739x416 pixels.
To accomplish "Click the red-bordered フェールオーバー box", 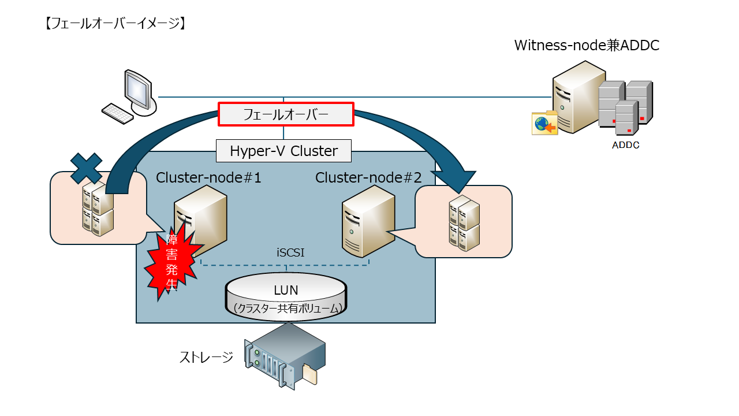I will pyautogui.click(x=285, y=114).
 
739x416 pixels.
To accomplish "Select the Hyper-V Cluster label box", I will pyautogui.click(x=283, y=151).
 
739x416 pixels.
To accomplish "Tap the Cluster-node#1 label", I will pyautogui.click(x=208, y=178).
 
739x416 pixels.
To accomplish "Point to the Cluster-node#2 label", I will pyautogui.click(x=368, y=178).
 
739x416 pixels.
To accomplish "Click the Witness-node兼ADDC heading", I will pyautogui.click(x=587, y=46).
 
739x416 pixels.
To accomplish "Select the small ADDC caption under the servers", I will pyautogui.click(x=625, y=146).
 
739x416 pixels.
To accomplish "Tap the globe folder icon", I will pyautogui.click(x=544, y=123).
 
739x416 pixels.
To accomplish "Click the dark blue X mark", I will pyautogui.click(x=87, y=168).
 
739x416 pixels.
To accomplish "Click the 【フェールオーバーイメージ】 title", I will pyautogui.click(x=114, y=24).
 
